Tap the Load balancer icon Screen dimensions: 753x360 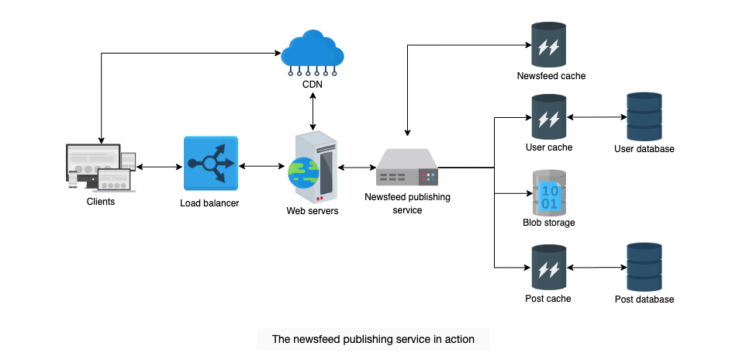click(211, 164)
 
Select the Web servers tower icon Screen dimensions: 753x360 click(313, 167)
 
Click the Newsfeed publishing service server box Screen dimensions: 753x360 click(407, 167)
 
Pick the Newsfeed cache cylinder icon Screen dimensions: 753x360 click(548, 45)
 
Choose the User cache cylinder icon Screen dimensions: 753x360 click(548, 117)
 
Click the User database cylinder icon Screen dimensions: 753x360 click(644, 117)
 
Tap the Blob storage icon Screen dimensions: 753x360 click(548, 192)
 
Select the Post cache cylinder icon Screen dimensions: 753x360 click(548, 267)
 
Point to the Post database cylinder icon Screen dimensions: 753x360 click(644, 267)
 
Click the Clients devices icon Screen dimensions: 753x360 click(101, 168)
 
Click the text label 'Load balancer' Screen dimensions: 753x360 click(209, 203)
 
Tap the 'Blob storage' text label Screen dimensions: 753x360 click(549, 223)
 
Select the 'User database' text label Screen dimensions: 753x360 click(644, 149)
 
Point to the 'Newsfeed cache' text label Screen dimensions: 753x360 click(551, 76)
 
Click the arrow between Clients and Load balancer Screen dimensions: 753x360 click(160, 168)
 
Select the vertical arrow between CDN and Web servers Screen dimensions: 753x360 click(313, 112)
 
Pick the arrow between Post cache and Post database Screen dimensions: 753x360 click(597, 267)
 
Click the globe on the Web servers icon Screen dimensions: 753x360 click(303, 172)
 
